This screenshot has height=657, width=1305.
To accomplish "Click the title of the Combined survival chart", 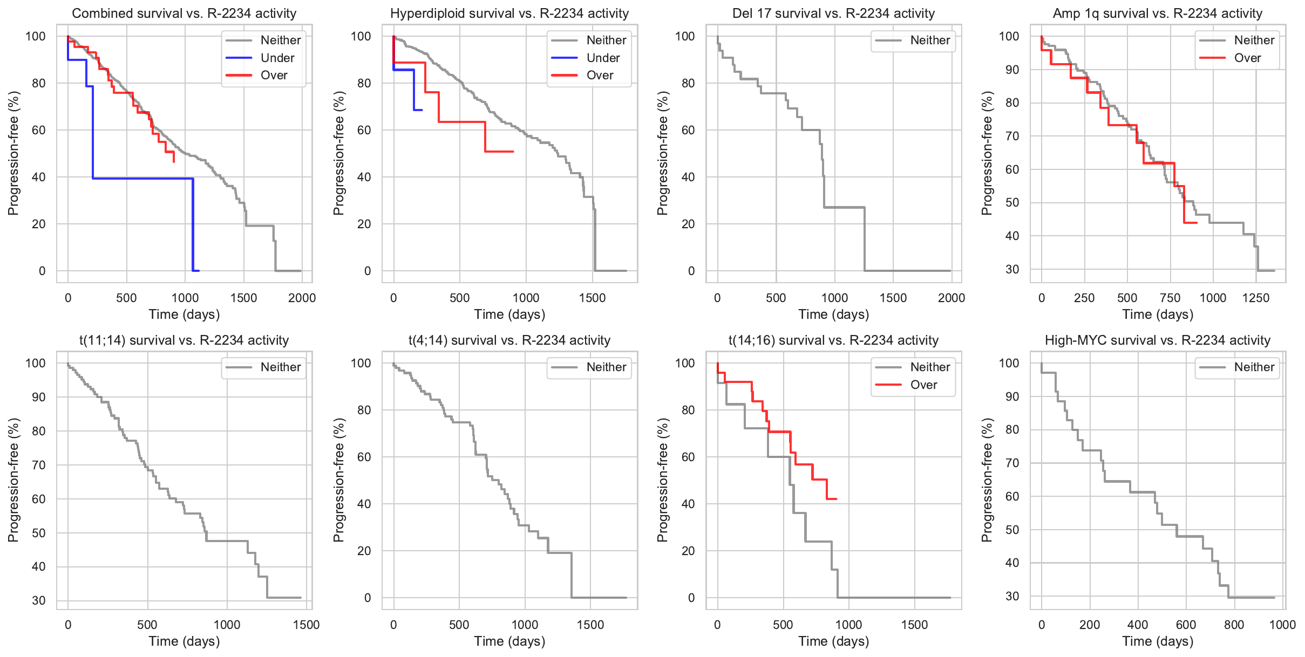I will tap(184, 13).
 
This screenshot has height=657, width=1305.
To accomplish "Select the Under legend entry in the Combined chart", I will tap(277, 58).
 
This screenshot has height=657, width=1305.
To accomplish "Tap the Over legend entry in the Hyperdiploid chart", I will tap(600, 76).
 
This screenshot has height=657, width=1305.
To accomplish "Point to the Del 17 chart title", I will tap(833, 13).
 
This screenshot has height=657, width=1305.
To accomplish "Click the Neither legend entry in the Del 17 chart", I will tap(929, 40).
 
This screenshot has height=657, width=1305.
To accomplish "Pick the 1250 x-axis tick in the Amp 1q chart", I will tap(1256, 298).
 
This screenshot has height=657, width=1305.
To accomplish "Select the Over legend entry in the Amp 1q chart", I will tap(1247, 58).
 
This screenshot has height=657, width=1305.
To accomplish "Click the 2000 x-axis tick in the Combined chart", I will tap(302, 298).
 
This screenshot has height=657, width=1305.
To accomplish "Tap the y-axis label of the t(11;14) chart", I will tap(13, 480).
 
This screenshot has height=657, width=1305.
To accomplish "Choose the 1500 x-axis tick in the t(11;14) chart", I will tap(306, 625).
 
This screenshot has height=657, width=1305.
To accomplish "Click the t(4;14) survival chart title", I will tap(509, 340).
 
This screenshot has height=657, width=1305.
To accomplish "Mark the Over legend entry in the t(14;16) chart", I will tap(923, 385).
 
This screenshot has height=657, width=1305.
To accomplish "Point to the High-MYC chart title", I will tap(1158, 340).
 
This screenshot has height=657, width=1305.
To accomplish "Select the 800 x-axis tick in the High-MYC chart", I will tap(1234, 625).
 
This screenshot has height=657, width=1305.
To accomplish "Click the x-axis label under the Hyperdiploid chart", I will tap(509, 314).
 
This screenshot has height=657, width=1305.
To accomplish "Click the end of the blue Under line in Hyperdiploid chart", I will tap(422, 110).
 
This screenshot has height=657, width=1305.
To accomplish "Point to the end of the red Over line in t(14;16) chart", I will tap(837, 499).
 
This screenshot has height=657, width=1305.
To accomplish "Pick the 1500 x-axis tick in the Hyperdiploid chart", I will tap(592, 298).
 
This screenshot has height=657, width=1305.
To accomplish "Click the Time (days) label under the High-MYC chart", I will tap(1158, 641).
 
